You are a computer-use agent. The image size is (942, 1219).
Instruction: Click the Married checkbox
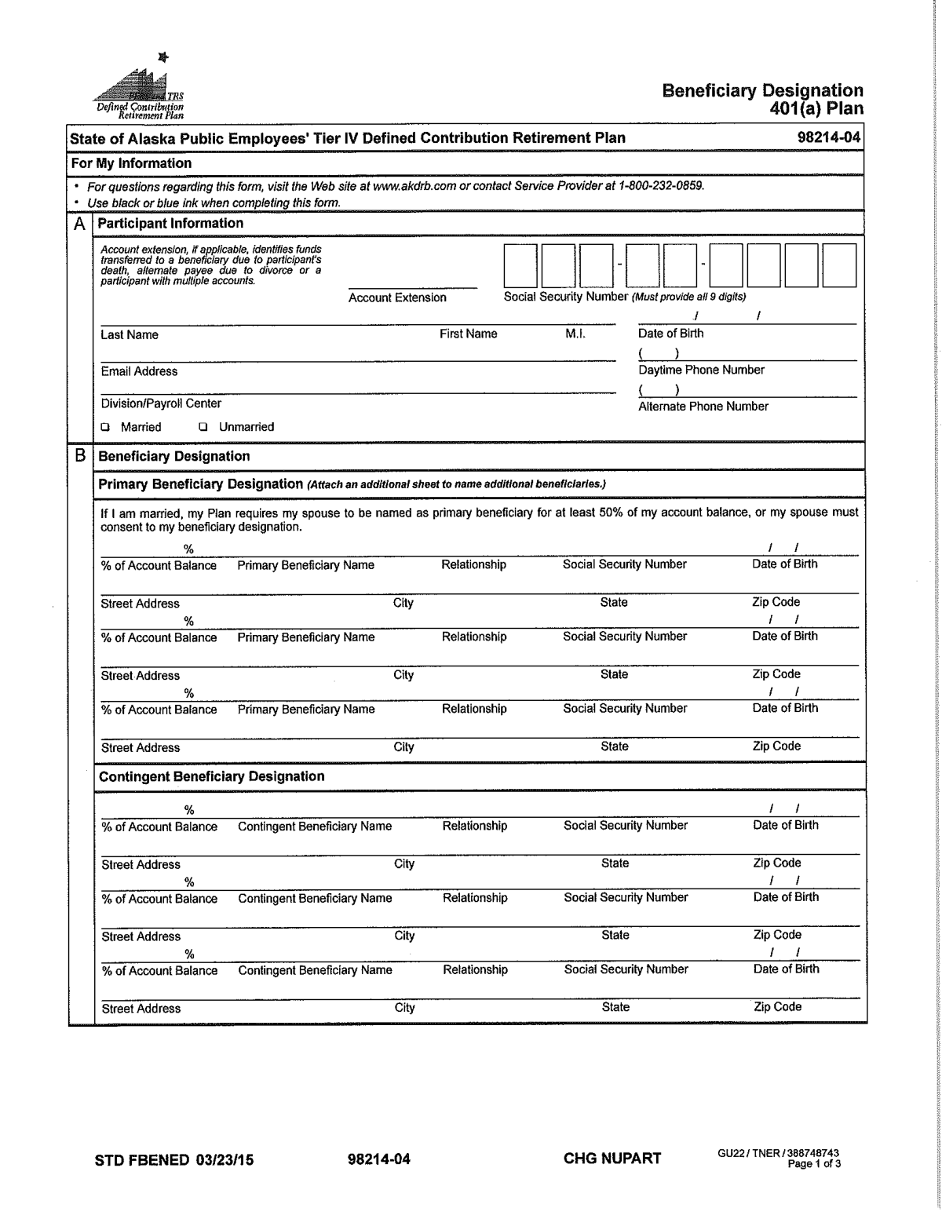pos(105,428)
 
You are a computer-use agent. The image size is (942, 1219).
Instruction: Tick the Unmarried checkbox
pos(203,428)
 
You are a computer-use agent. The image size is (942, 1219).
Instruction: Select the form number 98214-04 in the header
pos(829,138)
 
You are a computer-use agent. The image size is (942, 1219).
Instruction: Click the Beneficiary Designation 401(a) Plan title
pos(762,100)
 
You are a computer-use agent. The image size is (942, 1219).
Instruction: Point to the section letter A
pos(79,224)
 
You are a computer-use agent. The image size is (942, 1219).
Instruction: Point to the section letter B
pos(79,456)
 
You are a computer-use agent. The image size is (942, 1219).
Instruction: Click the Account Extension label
pos(397,297)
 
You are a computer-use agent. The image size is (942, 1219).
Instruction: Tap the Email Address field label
pos(139,371)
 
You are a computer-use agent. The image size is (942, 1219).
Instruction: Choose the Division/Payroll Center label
pos(161,403)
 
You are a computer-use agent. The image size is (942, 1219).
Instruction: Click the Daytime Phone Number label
pos(701,370)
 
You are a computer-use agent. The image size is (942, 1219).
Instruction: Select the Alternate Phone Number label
pos(703,407)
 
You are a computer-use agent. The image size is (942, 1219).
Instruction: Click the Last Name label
pos(130,335)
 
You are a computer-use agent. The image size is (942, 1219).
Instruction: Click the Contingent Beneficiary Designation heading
pos(211,776)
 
